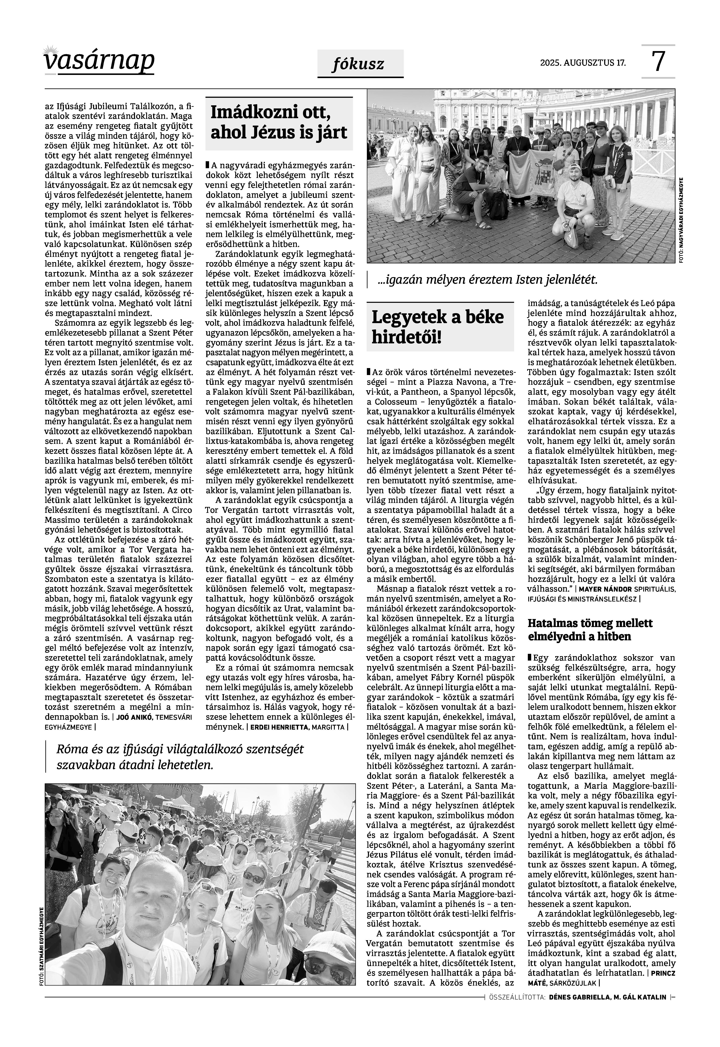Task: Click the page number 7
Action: coord(659,62)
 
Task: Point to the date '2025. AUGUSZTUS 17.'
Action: coord(583,63)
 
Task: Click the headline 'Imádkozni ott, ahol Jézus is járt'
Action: coord(279,123)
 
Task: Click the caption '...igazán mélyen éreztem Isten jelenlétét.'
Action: coord(487,280)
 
